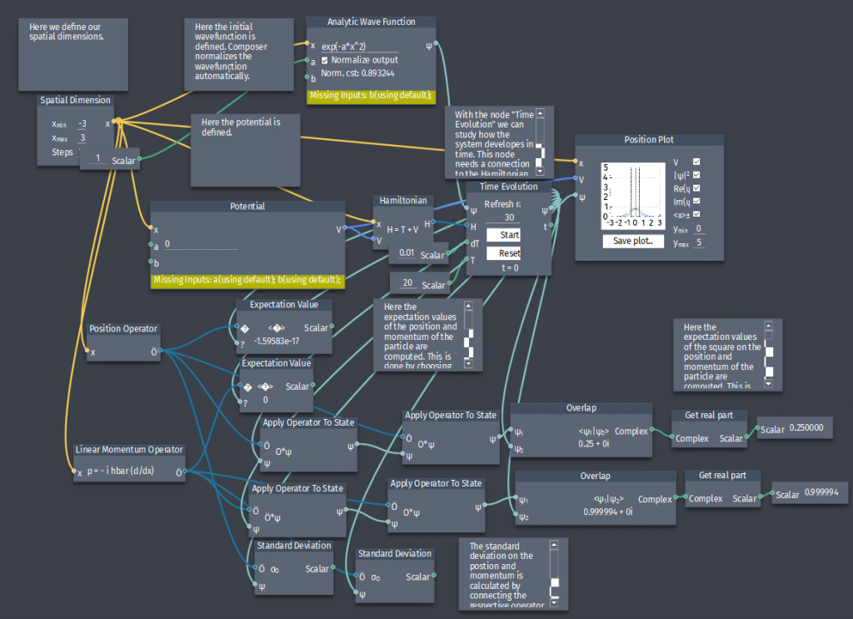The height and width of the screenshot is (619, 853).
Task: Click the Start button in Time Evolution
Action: point(509,235)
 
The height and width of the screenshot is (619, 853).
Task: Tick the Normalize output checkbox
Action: point(326,60)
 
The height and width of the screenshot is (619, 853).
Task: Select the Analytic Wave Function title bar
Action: point(372,22)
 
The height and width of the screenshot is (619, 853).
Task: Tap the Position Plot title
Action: point(648,140)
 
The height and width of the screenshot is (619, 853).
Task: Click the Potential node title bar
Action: point(247,207)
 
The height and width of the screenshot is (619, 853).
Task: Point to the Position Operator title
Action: point(123,328)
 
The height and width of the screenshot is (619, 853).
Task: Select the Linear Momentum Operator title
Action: point(129,450)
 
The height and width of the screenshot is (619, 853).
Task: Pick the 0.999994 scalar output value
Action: point(821,493)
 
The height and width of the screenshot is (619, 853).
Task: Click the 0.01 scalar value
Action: point(407,253)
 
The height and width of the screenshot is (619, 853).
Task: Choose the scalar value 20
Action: point(407,284)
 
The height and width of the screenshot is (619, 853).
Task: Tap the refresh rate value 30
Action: point(508,217)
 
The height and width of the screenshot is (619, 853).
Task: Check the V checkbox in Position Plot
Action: point(696,162)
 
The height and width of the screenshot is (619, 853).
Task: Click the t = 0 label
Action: point(509,267)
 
